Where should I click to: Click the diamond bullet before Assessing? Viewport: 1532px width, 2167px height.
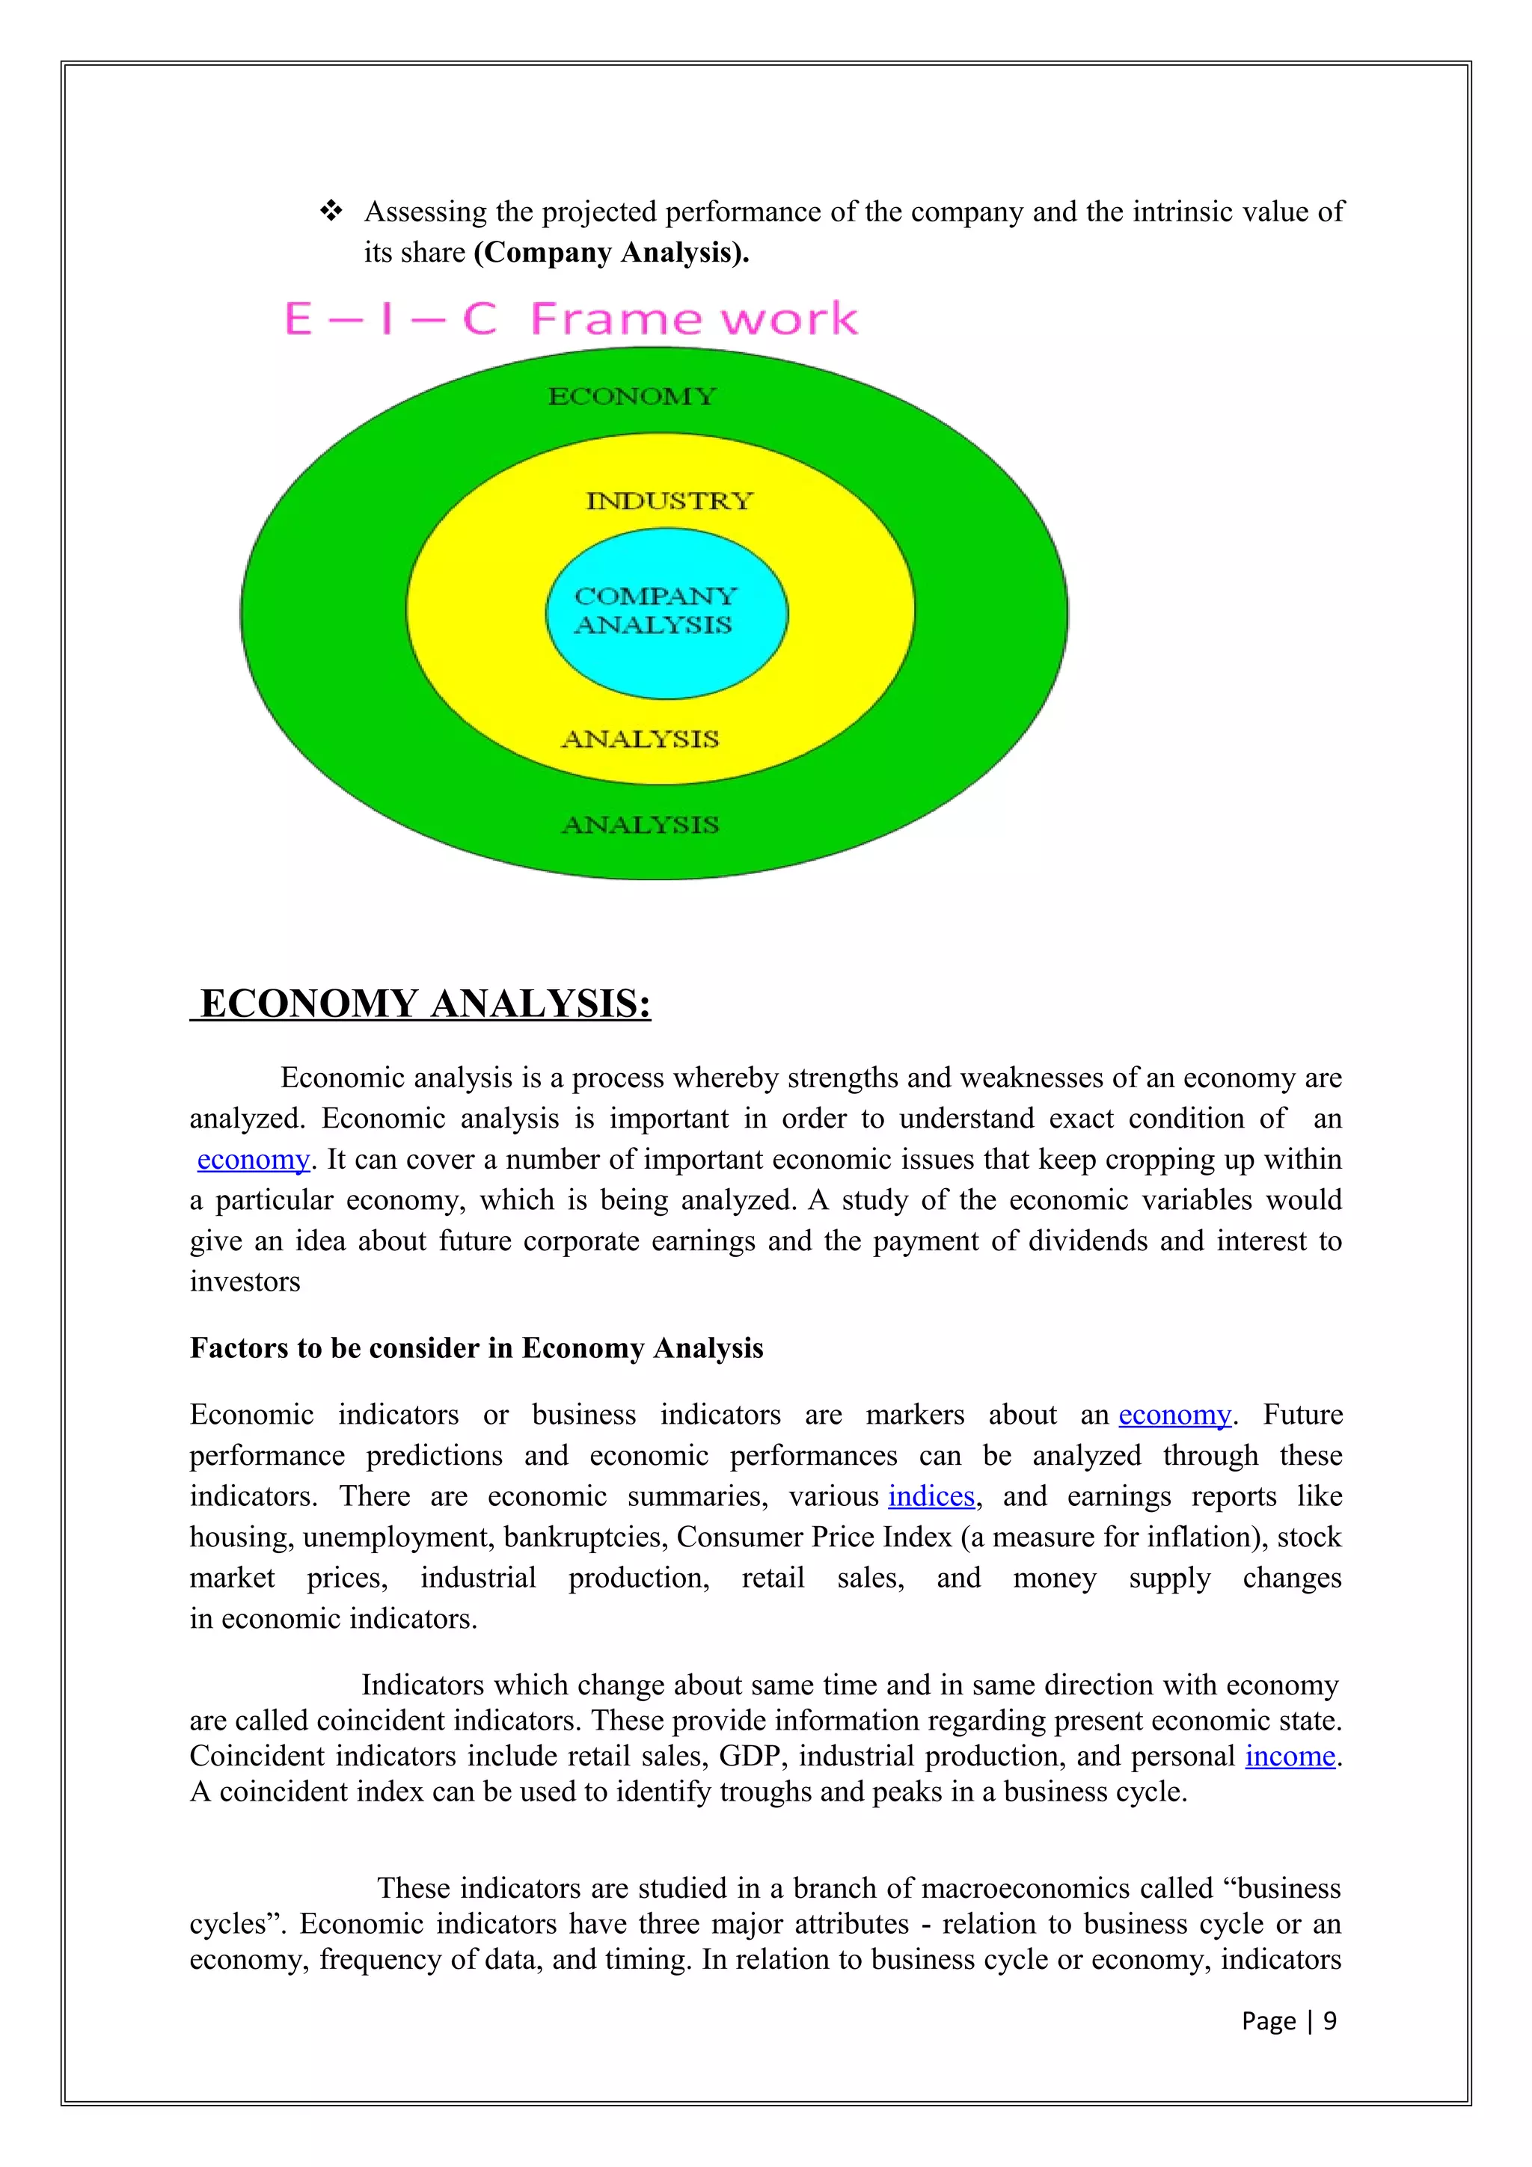(x=331, y=212)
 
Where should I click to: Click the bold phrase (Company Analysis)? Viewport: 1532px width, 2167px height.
(x=610, y=253)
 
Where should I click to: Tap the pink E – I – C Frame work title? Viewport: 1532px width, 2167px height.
(x=570, y=319)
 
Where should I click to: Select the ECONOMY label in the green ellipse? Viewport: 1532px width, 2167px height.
(x=631, y=396)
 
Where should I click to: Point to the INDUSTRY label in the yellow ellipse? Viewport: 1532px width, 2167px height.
(x=670, y=501)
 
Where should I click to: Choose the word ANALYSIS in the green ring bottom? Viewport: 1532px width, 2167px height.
(x=640, y=825)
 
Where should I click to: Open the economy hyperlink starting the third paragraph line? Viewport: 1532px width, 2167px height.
(x=253, y=1160)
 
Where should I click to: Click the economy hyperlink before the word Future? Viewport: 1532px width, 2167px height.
(x=1174, y=1415)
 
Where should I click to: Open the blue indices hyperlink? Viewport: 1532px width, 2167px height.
(x=931, y=1497)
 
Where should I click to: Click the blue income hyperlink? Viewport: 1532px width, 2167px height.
(x=1290, y=1756)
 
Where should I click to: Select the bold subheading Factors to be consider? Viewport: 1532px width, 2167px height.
(x=476, y=1347)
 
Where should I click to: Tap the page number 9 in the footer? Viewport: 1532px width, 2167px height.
(x=1329, y=2020)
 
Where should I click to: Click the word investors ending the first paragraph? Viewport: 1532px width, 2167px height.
(x=245, y=1282)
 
